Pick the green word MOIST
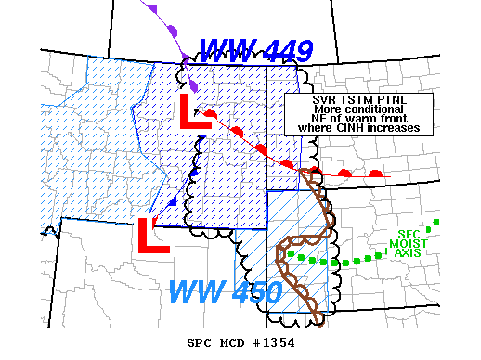tap(409, 243)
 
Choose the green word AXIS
tap(409, 252)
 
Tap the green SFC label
tap(409, 234)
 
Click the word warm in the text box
tap(354, 118)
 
